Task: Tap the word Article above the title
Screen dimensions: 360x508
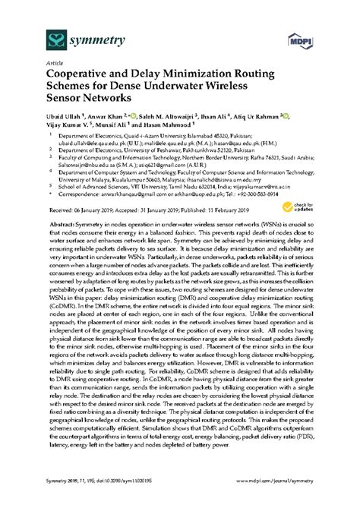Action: tap(55, 65)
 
